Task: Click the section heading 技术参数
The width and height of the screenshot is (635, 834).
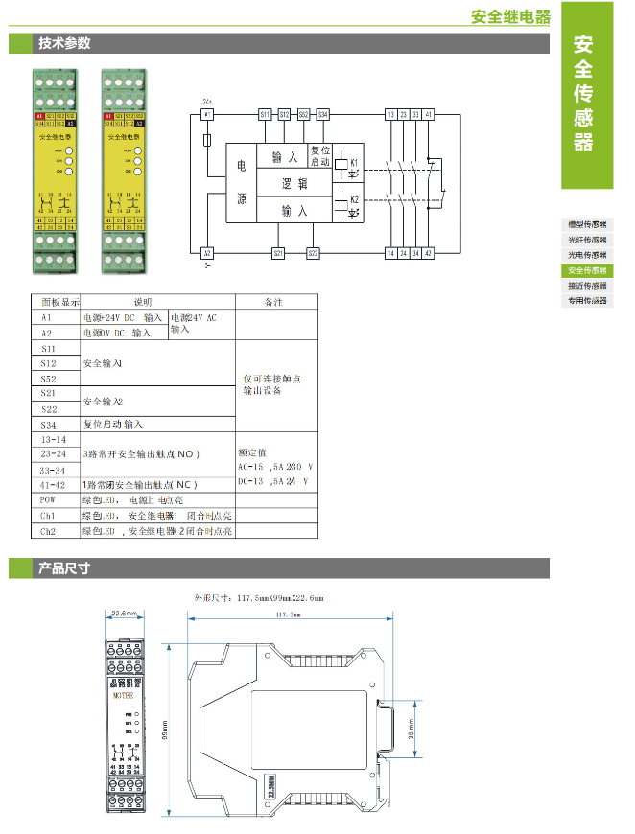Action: [x=64, y=44]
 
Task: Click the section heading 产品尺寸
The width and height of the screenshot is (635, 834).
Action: [x=64, y=568]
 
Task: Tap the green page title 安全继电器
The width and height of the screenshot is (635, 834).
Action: [x=511, y=16]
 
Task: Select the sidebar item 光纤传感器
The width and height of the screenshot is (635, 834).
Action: [x=587, y=239]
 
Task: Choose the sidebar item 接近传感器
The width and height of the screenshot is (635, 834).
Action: [x=587, y=286]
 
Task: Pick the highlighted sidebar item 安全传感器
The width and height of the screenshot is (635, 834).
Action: [x=587, y=270]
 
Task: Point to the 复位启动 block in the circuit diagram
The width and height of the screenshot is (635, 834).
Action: [x=320, y=155]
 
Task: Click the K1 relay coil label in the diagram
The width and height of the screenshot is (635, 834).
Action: [x=354, y=162]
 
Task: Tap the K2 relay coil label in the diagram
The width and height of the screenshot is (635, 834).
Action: [x=354, y=198]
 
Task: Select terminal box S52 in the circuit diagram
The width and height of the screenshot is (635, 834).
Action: [x=303, y=114]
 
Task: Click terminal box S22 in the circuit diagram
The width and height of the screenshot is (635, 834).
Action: [x=313, y=253]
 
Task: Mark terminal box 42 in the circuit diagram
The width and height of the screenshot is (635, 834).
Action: [x=429, y=253]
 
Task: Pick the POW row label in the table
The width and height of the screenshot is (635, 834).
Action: [x=48, y=499]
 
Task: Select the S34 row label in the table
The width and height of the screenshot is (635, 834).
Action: [x=48, y=424]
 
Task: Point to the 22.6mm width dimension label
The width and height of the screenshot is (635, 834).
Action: [x=125, y=613]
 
